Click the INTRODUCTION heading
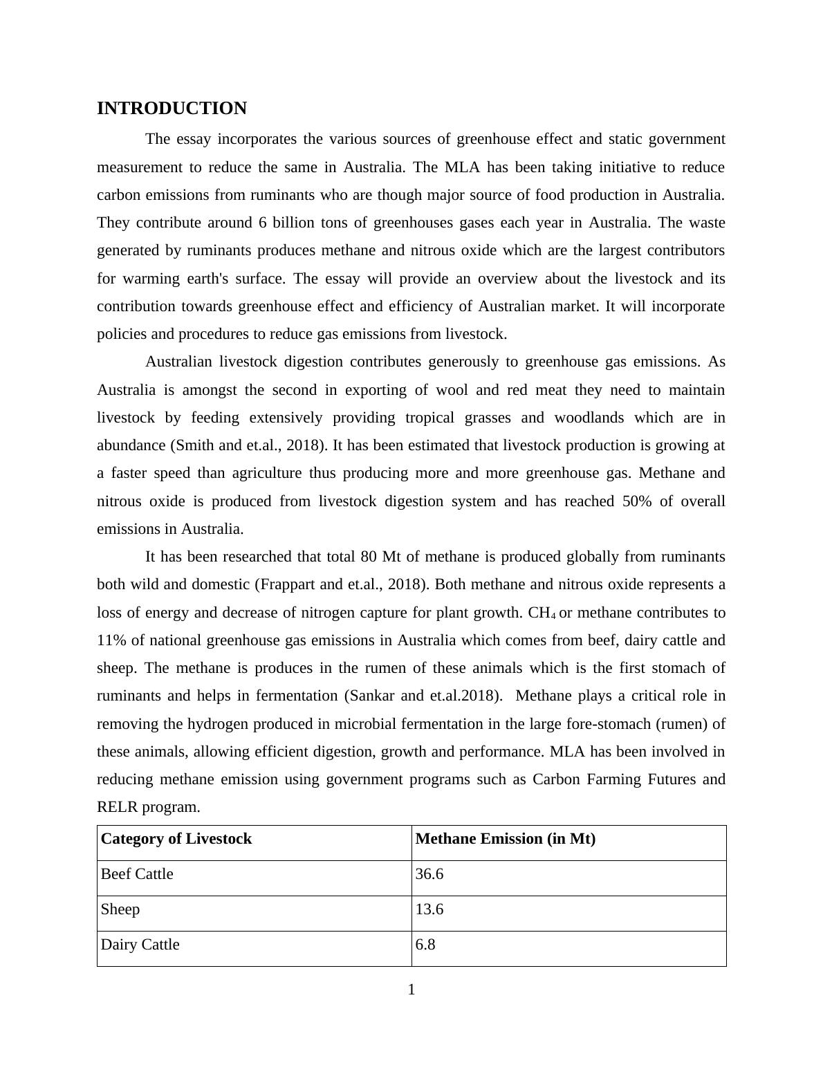point(172,109)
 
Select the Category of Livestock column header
point(176,839)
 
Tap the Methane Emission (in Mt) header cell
point(505,839)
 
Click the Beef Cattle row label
point(137,874)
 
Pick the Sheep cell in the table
point(120,909)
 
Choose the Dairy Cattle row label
point(140,945)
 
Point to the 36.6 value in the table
point(429,874)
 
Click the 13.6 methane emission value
point(429,909)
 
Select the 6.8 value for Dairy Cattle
point(425,945)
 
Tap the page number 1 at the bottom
point(411,990)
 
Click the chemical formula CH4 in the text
point(542,613)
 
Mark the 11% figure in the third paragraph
point(111,640)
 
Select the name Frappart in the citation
point(286,584)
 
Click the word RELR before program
point(117,807)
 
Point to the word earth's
point(212,279)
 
